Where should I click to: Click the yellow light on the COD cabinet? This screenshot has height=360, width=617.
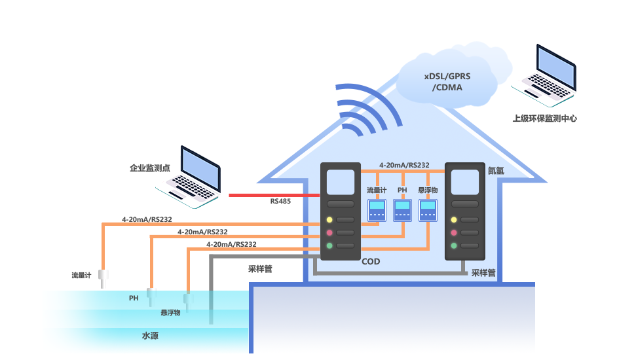click(x=329, y=219)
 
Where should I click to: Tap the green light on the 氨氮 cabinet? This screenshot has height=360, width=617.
click(x=453, y=245)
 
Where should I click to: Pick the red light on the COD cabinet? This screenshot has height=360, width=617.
click(x=329, y=232)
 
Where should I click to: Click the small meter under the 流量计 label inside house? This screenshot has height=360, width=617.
click(x=377, y=210)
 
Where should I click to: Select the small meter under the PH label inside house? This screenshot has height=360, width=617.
click(x=402, y=210)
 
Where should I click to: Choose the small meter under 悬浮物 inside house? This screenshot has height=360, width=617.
click(x=428, y=210)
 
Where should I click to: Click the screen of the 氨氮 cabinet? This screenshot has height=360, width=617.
click(x=465, y=183)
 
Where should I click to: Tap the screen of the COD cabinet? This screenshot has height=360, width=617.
click(x=341, y=183)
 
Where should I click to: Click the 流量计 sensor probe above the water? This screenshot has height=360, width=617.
click(x=103, y=278)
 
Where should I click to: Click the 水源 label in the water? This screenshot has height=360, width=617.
click(x=151, y=336)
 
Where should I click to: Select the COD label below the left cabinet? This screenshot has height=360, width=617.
click(x=371, y=262)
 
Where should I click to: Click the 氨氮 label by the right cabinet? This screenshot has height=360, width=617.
click(x=496, y=170)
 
